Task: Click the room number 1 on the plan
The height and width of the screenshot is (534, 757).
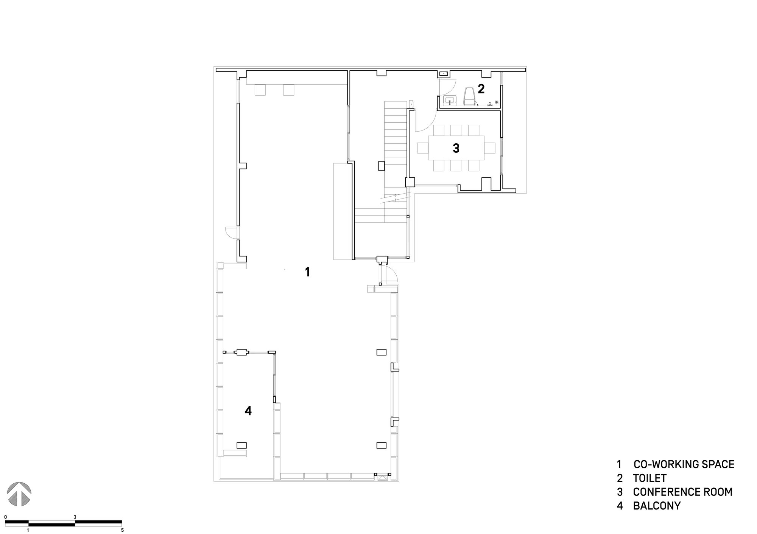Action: coord(308,272)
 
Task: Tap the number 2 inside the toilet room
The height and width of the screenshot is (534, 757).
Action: coord(481,89)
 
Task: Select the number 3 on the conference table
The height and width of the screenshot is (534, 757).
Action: coord(456,148)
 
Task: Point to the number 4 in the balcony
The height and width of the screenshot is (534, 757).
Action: coord(248,411)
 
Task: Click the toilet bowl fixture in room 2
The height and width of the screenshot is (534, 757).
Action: coord(470,96)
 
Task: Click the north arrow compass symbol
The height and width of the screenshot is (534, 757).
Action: coord(19,494)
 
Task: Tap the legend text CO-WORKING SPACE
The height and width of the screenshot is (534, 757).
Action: coord(684,464)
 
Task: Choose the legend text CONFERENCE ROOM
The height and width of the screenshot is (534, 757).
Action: coord(682,492)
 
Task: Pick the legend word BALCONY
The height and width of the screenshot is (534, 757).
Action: coord(657,506)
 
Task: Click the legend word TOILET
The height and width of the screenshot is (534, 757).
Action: coord(650,478)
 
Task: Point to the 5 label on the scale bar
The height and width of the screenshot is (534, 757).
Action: coord(122,530)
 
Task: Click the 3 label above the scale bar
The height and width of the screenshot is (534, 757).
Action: coord(75,517)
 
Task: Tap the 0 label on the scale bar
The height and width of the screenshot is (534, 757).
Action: coord(6,517)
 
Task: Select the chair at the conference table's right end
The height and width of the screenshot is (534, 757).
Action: coord(490,147)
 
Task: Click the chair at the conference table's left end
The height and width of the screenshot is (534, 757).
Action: coord(423,147)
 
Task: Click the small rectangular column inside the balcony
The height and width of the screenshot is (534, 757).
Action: coord(241,445)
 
